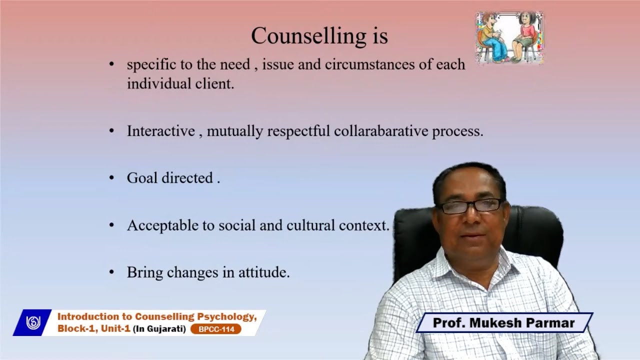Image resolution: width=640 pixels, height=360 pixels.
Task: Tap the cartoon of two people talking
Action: (x=509, y=38)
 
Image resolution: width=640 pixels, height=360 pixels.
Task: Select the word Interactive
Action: (x=160, y=131)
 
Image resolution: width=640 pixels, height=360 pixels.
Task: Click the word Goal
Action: (x=142, y=178)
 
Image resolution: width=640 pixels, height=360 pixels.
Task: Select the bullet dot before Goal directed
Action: (x=111, y=178)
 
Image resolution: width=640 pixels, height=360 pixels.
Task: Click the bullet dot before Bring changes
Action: (x=111, y=272)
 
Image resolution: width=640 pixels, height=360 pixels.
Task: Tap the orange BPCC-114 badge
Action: (x=216, y=329)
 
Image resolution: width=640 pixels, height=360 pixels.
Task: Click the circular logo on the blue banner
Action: (x=33, y=322)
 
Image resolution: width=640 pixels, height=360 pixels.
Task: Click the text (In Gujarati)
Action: (x=159, y=329)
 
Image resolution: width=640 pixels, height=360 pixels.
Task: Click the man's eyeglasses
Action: (x=470, y=205)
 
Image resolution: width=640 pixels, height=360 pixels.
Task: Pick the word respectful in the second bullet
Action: (x=298, y=131)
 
